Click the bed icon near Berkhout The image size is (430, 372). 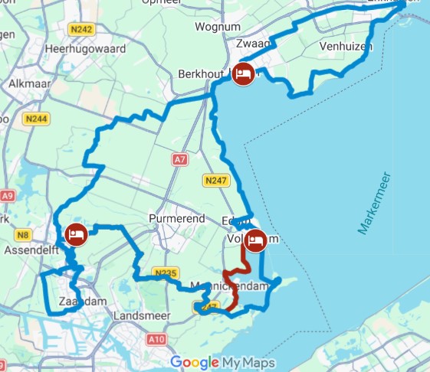(x=243, y=75)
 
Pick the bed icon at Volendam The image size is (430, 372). (x=255, y=240)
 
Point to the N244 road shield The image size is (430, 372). (x=36, y=119)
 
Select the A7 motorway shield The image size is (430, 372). (x=180, y=160)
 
